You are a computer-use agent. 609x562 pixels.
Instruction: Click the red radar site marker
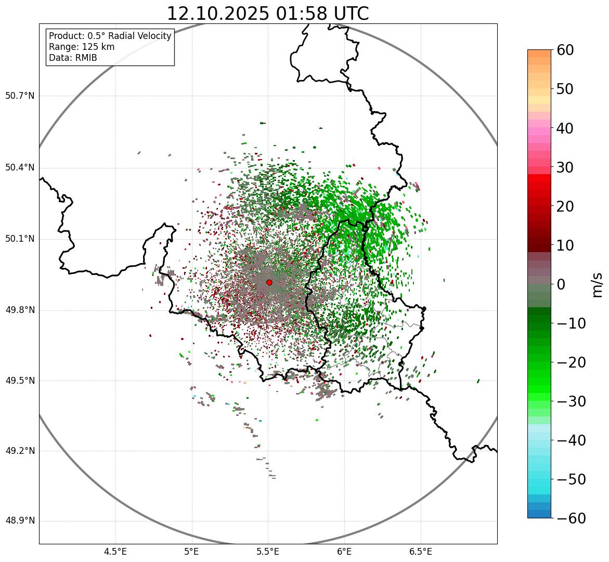point(269,282)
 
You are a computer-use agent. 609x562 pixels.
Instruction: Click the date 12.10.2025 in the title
point(218,14)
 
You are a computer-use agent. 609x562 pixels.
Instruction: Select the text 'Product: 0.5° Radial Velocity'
point(110,36)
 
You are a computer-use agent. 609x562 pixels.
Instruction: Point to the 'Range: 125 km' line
point(82,47)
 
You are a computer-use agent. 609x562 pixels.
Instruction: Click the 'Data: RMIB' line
point(73,58)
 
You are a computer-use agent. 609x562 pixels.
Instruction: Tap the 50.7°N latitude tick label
point(20,96)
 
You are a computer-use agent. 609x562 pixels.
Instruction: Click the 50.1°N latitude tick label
point(20,239)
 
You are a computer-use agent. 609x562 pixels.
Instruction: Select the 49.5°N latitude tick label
point(20,381)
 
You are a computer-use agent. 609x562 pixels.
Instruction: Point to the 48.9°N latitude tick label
point(20,521)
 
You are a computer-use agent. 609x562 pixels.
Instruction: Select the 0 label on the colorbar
point(561,284)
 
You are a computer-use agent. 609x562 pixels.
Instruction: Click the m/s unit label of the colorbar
point(597,284)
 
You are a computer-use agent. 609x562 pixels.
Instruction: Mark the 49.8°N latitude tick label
point(20,310)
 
